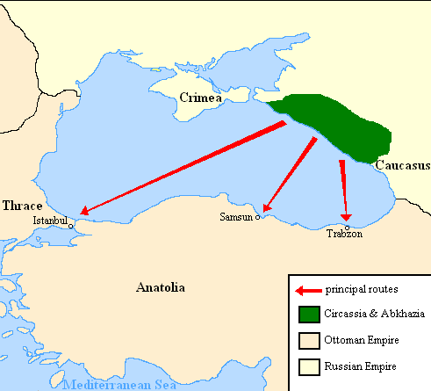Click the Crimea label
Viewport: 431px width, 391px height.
coord(199,97)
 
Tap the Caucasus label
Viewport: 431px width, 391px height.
coord(402,164)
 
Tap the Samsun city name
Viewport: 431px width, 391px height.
coord(236,216)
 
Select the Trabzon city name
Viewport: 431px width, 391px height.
coord(343,235)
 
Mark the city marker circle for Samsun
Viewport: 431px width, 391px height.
coord(257,217)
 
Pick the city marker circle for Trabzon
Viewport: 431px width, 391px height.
coord(347,227)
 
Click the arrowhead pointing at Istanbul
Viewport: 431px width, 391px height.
coord(83,212)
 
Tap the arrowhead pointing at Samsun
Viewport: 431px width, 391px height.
coord(266,209)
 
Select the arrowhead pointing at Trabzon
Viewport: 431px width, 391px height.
coord(346,215)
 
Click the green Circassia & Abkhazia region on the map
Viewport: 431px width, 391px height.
coord(338,124)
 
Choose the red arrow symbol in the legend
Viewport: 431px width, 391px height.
coord(308,289)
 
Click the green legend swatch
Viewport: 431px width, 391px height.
coord(308,314)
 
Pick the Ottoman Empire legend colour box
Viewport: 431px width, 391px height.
coord(308,339)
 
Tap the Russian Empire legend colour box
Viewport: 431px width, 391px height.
coord(308,366)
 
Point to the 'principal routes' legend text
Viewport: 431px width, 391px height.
coord(362,289)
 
